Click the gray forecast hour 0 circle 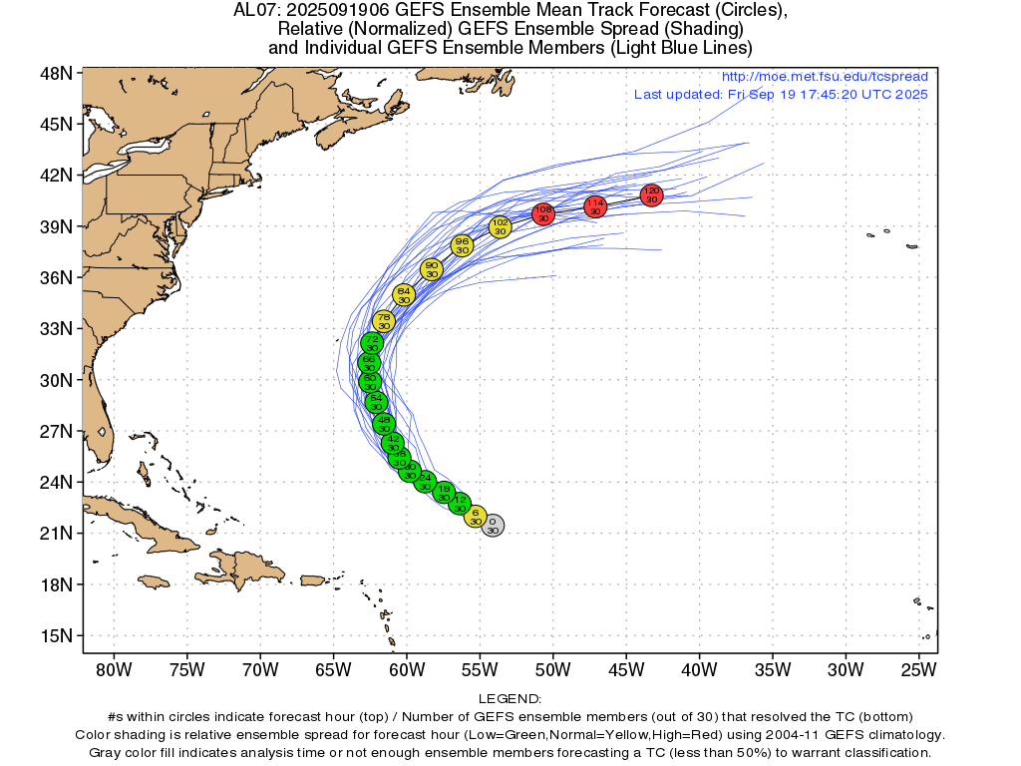tap(493, 526)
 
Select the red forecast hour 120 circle tap(652, 194)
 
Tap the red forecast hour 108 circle tap(543, 213)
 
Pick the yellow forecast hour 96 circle tap(462, 245)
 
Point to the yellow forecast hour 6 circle tap(476, 516)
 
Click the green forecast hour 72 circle tap(372, 343)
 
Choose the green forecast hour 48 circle tap(384, 424)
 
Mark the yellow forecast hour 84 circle tap(404, 294)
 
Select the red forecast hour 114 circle tap(595, 206)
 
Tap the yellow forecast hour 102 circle tap(501, 226)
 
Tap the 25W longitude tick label tap(918, 667)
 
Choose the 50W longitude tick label tap(552, 667)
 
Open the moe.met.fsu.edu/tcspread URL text tap(824, 77)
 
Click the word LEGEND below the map tap(510, 699)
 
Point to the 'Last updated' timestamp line tap(781, 94)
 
